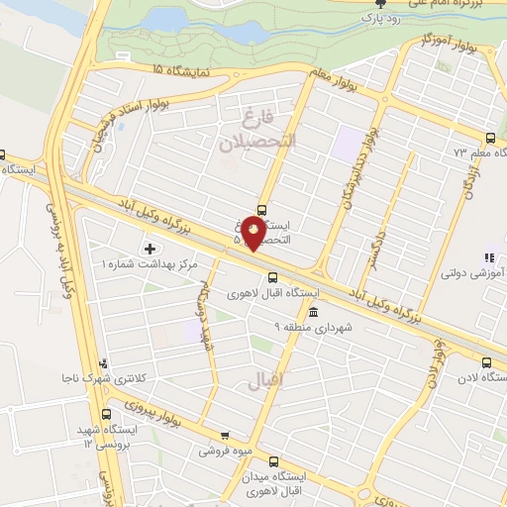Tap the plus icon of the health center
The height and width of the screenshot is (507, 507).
click(x=151, y=248)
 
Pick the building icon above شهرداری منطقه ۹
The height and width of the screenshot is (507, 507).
click(x=315, y=312)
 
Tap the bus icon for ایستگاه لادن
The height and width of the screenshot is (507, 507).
click(x=486, y=362)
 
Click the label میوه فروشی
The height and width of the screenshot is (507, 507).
click(x=223, y=451)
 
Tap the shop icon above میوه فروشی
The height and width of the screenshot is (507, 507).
click(x=225, y=435)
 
